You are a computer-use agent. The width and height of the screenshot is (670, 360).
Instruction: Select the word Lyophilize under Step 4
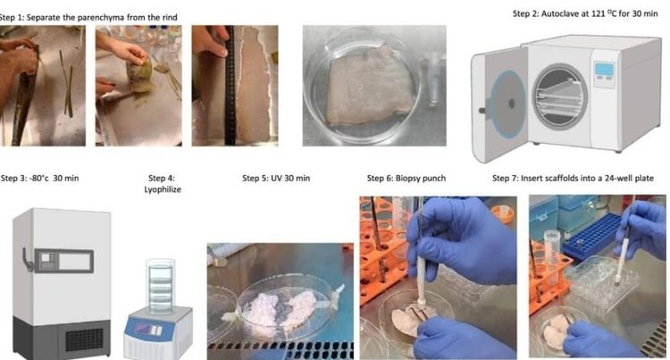(x=163, y=189)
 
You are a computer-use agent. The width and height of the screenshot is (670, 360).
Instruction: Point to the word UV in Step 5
(x=276, y=178)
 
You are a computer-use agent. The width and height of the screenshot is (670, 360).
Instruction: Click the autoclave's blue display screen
(x=605, y=69)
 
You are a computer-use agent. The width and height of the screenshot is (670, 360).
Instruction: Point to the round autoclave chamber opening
(x=560, y=96)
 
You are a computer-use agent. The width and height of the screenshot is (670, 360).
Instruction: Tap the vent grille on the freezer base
(x=84, y=339)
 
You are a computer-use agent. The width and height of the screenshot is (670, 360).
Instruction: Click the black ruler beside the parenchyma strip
(x=230, y=86)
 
